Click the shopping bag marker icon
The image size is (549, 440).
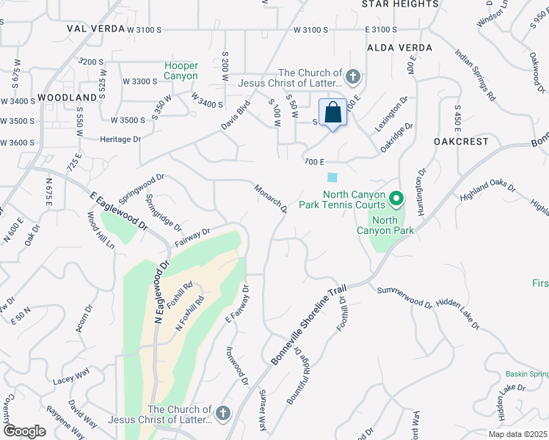pos(332,113)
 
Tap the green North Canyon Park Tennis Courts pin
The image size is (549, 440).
pos(396,199)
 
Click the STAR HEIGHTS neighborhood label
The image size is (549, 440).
pos(400,4)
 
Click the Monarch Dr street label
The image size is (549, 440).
pos(271,199)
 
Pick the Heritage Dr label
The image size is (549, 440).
pos(120,139)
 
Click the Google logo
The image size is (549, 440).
pos(24,431)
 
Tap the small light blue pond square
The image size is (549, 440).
pos(333,177)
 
